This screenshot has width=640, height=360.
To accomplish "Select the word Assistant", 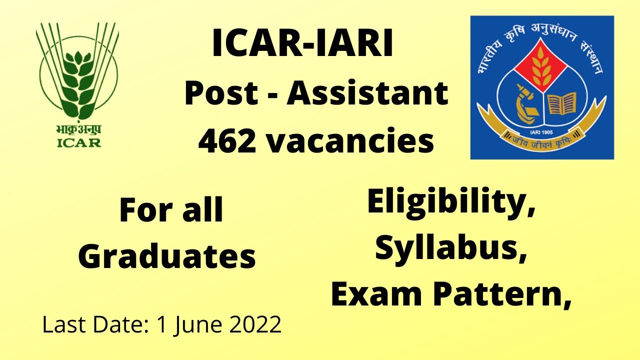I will point(367,93).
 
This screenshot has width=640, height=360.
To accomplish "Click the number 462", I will point(227,141).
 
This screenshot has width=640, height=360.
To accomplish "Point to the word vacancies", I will point(349,141).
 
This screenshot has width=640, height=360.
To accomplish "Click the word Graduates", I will point(167,256).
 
